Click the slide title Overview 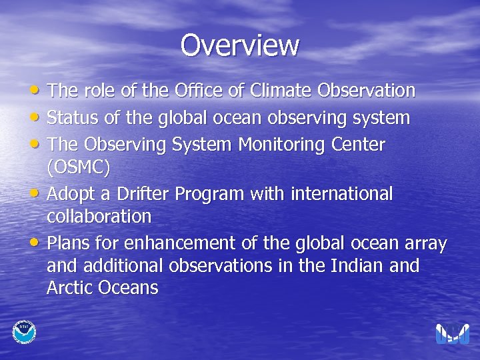[x=240, y=45]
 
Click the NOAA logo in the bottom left [x=25, y=331]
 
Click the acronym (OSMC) [x=78, y=167]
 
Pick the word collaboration [x=99, y=217]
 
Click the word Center [x=360, y=144]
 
